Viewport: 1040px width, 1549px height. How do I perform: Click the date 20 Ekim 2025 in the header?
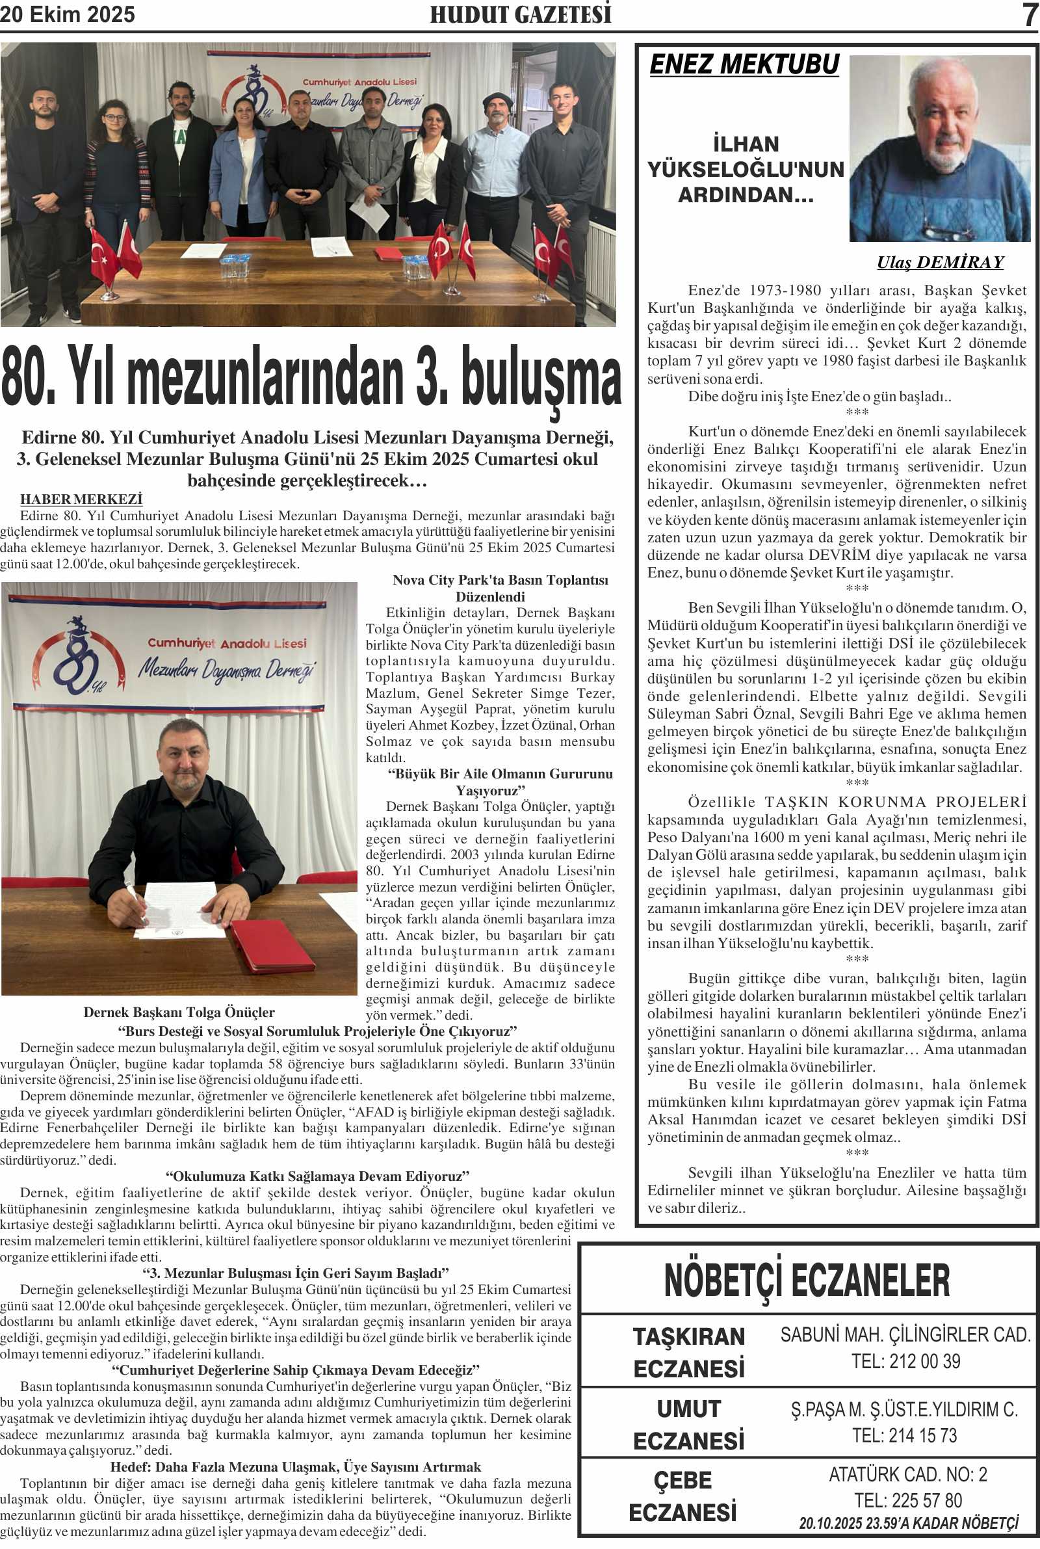68,14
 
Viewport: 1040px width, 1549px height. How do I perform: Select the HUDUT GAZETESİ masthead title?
521,14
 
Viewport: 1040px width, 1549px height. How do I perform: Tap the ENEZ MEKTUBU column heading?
744,64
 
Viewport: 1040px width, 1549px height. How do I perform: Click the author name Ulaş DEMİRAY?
940,263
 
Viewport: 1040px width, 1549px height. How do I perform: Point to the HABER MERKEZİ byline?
81,499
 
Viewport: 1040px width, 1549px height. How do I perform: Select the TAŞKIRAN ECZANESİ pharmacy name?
689,1352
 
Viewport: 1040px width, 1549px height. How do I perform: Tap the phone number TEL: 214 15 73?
905,1436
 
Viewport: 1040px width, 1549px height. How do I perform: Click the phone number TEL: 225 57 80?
908,1501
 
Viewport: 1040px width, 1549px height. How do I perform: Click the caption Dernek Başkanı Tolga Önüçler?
179,1013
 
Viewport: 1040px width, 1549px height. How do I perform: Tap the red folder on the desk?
272,946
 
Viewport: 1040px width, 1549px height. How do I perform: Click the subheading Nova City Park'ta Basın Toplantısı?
500,581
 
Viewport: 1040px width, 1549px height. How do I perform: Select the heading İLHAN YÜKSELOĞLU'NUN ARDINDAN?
746,169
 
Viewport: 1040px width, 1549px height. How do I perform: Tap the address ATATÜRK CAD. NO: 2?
908,1475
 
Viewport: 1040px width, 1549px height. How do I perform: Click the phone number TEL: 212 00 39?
906,1361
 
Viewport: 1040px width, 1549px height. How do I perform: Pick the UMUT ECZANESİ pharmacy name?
689,1424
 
